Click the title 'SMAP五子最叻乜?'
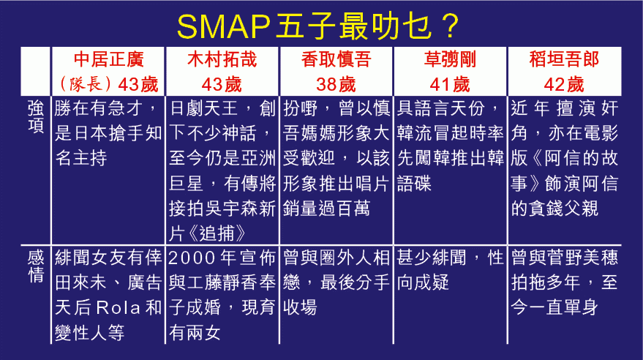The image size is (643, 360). click(x=317, y=26)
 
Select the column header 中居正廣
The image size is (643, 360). click(x=109, y=59)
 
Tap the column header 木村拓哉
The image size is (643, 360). click(x=222, y=59)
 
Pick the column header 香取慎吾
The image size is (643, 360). click(x=336, y=59)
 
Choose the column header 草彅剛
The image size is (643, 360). click(x=450, y=59)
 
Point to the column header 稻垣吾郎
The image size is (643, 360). click(x=564, y=59)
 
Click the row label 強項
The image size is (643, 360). click(x=36, y=117)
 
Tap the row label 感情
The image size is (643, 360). click(x=36, y=266)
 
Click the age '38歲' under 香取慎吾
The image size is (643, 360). click(x=336, y=85)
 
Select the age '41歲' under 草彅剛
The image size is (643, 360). click(x=450, y=85)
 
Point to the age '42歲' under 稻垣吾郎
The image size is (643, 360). click(x=564, y=85)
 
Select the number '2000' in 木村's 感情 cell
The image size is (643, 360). click(x=192, y=258)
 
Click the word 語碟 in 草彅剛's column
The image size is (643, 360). click(x=414, y=183)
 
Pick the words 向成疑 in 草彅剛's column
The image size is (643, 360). click(x=423, y=282)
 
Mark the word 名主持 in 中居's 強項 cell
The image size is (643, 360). click(x=80, y=158)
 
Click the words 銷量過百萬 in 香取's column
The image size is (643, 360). click(x=326, y=209)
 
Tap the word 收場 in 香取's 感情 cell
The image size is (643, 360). click(x=300, y=307)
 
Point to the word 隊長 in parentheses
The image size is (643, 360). click(x=86, y=84)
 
